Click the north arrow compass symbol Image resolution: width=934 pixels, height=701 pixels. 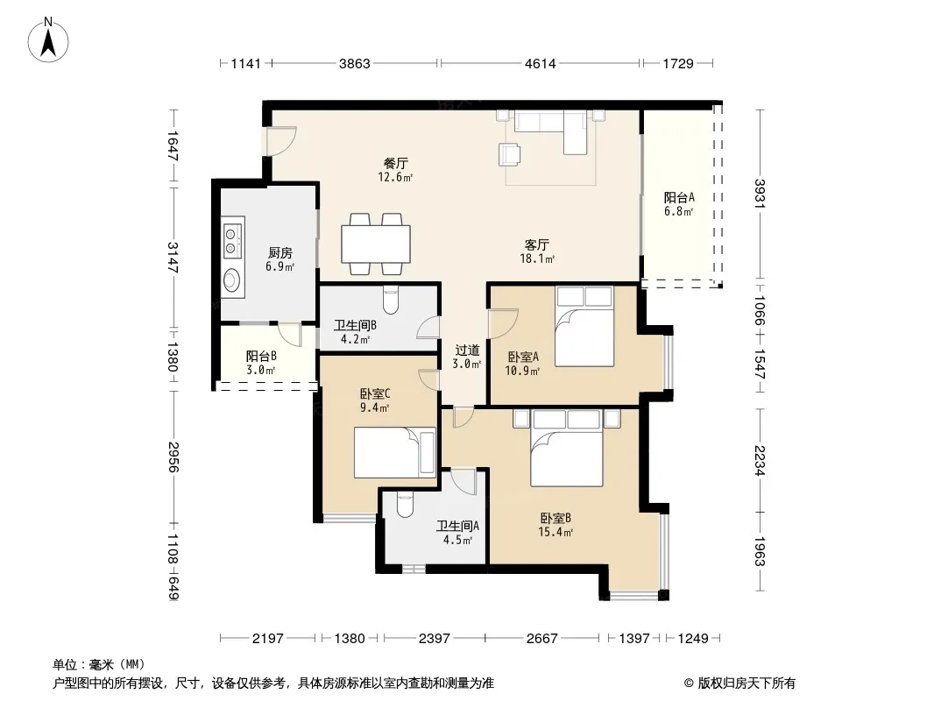(x=48, y=39)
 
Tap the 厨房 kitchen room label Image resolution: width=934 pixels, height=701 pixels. (x=280, y=253)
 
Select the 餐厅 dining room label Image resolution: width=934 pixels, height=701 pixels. (x=395, y=163)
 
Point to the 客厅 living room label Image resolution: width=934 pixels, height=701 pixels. (x=537, y=244)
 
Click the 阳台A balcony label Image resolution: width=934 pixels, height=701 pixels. (x=679, y=197)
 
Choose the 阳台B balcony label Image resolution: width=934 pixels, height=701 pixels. (x=261, y=356)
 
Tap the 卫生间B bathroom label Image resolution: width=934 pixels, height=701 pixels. (x=355, y=325)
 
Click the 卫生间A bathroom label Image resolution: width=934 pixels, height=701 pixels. (x=457, y=526)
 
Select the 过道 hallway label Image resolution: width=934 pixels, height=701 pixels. (x=467, y=350)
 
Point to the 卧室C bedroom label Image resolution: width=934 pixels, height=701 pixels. (x=375, y=393)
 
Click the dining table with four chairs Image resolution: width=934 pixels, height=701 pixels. (x=376, y=244)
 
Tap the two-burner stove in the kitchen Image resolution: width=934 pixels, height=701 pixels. (x=233, y=237)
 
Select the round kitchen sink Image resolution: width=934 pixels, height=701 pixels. (x=231, y=280)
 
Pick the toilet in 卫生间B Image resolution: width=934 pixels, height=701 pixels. (x=391, y=300)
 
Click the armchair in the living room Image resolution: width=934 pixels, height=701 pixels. (x=509, y=154)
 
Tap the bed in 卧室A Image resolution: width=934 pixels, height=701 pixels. (x=584, y=326)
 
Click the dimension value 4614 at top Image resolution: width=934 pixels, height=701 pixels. (x=541, y=63)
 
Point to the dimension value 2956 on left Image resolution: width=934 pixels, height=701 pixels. (x=173, y=457)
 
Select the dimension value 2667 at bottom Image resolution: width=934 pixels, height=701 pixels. (x=542, y=639)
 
